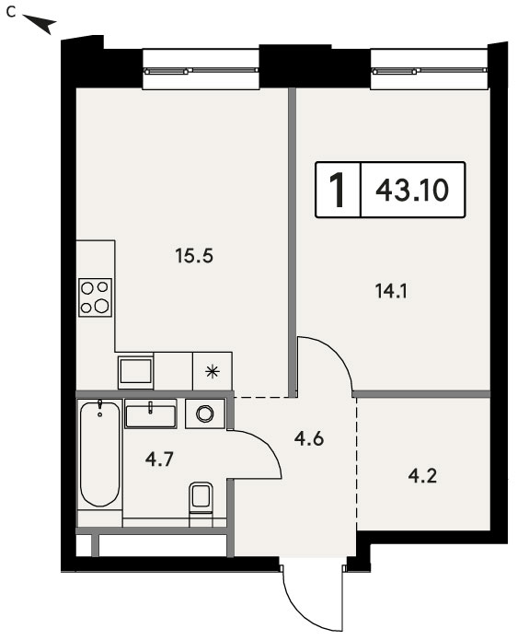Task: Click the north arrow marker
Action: coord(40,23)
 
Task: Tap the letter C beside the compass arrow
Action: coord(11,13)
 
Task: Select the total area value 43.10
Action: coord(412,190)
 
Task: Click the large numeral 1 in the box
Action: coord(338,190)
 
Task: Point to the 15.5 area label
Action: coord(194,256)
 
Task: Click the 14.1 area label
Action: coord(391,291)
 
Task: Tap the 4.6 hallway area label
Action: coord(309,438)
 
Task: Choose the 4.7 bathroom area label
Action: coord(159,460)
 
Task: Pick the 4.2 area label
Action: coord(422,476)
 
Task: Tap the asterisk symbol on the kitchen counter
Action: coord(213,372)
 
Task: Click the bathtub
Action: coord(100,454)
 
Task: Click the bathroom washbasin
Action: coord(151,413)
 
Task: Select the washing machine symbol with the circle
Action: coord(205,413)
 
